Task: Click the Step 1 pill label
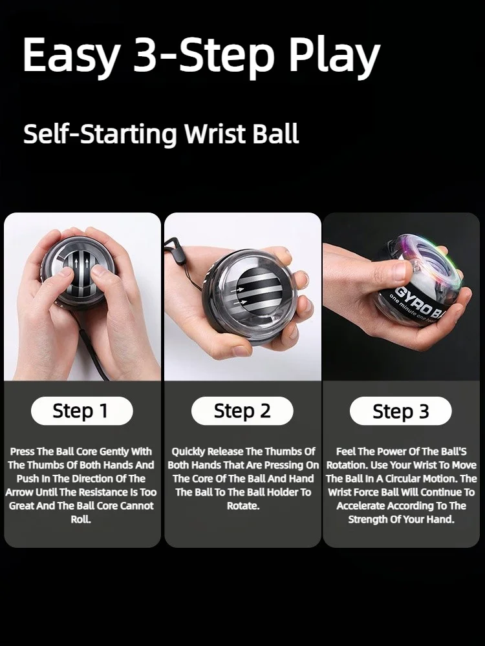coord(81,411)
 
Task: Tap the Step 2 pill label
coord(242,411)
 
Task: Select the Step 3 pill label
coord(400,412)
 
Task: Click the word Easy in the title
coord(70,56)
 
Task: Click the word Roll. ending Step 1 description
coord(81,519)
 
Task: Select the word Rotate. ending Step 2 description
coord(242,506)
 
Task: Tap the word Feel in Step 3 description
coord(347,452)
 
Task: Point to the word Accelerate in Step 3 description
coord(365,506)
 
